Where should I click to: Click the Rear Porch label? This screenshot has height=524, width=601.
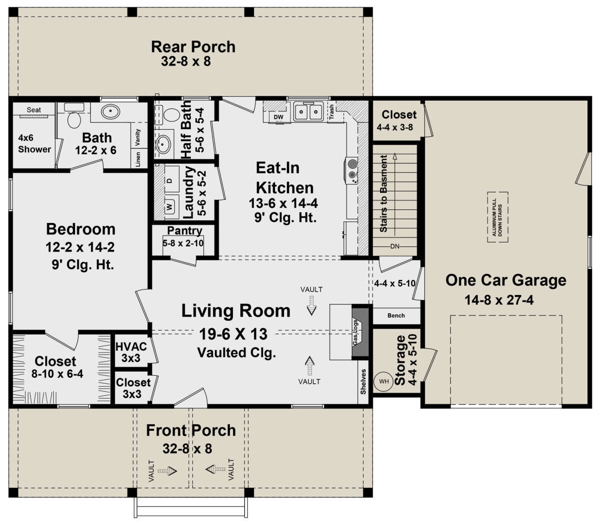pyautogui.click(x=193, y=47)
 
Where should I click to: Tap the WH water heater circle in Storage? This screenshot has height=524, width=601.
pyautogui.click(x=384, y=381)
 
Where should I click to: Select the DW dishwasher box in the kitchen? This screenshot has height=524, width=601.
pyautogui.click(x=278, y=117)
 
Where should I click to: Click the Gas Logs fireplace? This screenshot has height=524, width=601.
pyautogui.click(x=360, y=332)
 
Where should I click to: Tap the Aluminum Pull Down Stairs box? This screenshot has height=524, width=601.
pyautogui.click(x=497, y=217)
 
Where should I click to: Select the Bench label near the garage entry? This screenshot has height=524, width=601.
pyautogui.click(x=396, y=316)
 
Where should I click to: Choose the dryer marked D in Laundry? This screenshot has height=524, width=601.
pyautogui.click(x=169, y=180)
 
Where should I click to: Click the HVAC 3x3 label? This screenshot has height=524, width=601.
pyautogui.click(x=131, y=352)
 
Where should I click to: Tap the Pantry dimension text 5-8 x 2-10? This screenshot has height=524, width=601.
pyautogui.click(x=183, y=243)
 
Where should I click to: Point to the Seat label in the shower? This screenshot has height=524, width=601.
pyautogui.click(x=34, y=110)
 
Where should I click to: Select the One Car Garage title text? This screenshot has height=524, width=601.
pyautogui.click(x=506, y=280)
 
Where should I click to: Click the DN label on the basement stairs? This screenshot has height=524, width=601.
pyautogui.click(x=395, y=246)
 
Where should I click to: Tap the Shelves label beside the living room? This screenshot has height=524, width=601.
pyautogui.click(x=363, y=381)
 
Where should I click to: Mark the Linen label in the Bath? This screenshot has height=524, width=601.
pyautogui.click(x=138, y=159)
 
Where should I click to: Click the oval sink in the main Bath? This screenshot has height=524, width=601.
pyautogui.click(x=110, y=111)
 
